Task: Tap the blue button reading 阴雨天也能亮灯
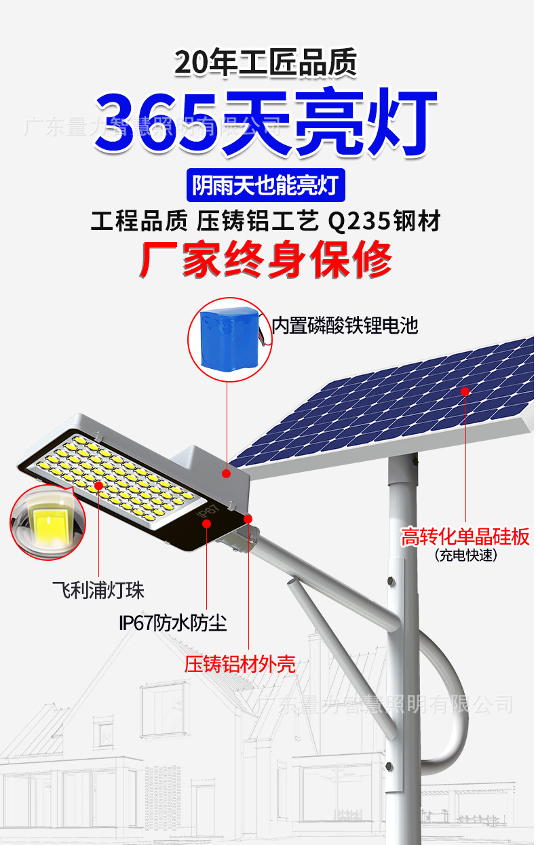pos(266,185)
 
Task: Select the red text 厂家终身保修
pos(266,258)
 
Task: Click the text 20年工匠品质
pos(266,64)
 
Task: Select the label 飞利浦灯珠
pos(98,589)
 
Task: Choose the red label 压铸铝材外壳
pos(240,664)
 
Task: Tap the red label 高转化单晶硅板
pos(465,537)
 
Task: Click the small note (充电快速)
pos(465,555)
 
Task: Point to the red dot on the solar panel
pos(465,391)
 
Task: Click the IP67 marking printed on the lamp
pos(208,513)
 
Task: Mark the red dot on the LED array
pos(99,486)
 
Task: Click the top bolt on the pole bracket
pos(390,581)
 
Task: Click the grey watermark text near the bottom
pos(387,705)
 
